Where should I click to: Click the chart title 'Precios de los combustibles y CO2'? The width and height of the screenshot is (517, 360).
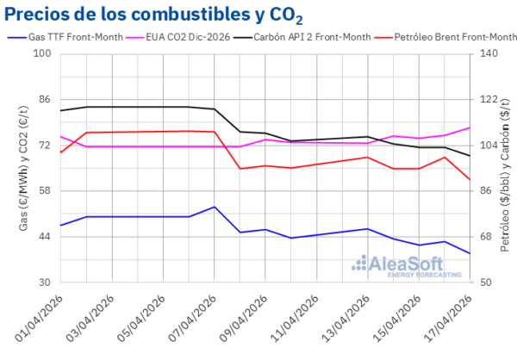point(155,15)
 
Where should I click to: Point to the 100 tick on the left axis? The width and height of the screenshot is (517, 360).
point(43,53)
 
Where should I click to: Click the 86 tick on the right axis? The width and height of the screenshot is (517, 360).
point(489,191)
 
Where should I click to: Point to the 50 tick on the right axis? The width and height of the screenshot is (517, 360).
point(489,282)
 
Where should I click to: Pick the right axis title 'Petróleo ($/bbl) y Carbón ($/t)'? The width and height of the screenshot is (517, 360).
point(508,168)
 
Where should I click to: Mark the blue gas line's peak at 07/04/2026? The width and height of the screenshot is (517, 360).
point(215,207)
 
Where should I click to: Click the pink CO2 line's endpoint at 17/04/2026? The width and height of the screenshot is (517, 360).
point(470,127)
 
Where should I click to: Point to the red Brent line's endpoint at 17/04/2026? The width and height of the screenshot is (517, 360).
point(470,180)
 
